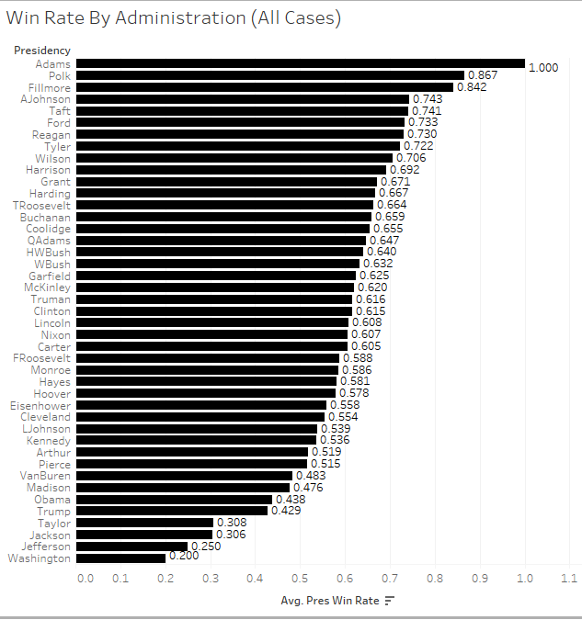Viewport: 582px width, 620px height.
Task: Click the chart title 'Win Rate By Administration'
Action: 174,18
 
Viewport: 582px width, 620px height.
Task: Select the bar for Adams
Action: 300,63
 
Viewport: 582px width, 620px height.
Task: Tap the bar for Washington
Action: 120,558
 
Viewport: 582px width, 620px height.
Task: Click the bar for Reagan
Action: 239,134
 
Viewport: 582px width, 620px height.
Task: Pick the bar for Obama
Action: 174,500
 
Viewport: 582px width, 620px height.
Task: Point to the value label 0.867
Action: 484,75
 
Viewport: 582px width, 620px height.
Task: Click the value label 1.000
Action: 543,68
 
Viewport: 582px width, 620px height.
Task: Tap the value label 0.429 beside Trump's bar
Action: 286,512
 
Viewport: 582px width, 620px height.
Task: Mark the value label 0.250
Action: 206,547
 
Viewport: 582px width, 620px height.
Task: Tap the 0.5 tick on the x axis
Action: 301,580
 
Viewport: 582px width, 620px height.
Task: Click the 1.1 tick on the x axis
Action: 568,580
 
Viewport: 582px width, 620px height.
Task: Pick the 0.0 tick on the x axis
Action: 85,580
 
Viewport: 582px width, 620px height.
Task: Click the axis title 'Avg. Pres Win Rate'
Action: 330,601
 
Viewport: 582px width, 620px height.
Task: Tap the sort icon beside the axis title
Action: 390,601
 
